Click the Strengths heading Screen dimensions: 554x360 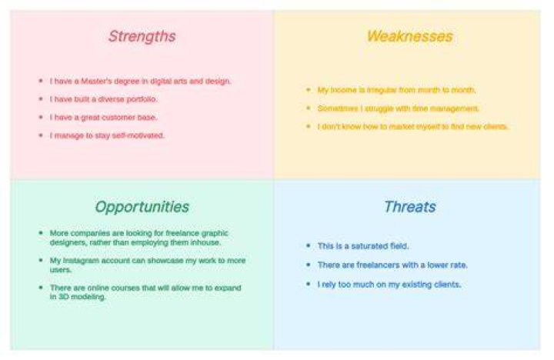point(142,37)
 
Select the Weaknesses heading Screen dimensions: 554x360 point(410,36)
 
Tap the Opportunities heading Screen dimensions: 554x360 point(142,207)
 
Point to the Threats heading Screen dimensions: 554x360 point(410,207)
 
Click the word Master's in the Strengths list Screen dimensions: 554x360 point(96,82)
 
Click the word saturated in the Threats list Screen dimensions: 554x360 point(370,246)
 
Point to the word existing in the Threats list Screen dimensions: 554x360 point(416,285)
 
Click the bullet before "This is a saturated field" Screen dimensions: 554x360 point(309,245)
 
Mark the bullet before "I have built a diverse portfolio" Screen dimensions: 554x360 point(41,99)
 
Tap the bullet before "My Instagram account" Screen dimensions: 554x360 point(41,260)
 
